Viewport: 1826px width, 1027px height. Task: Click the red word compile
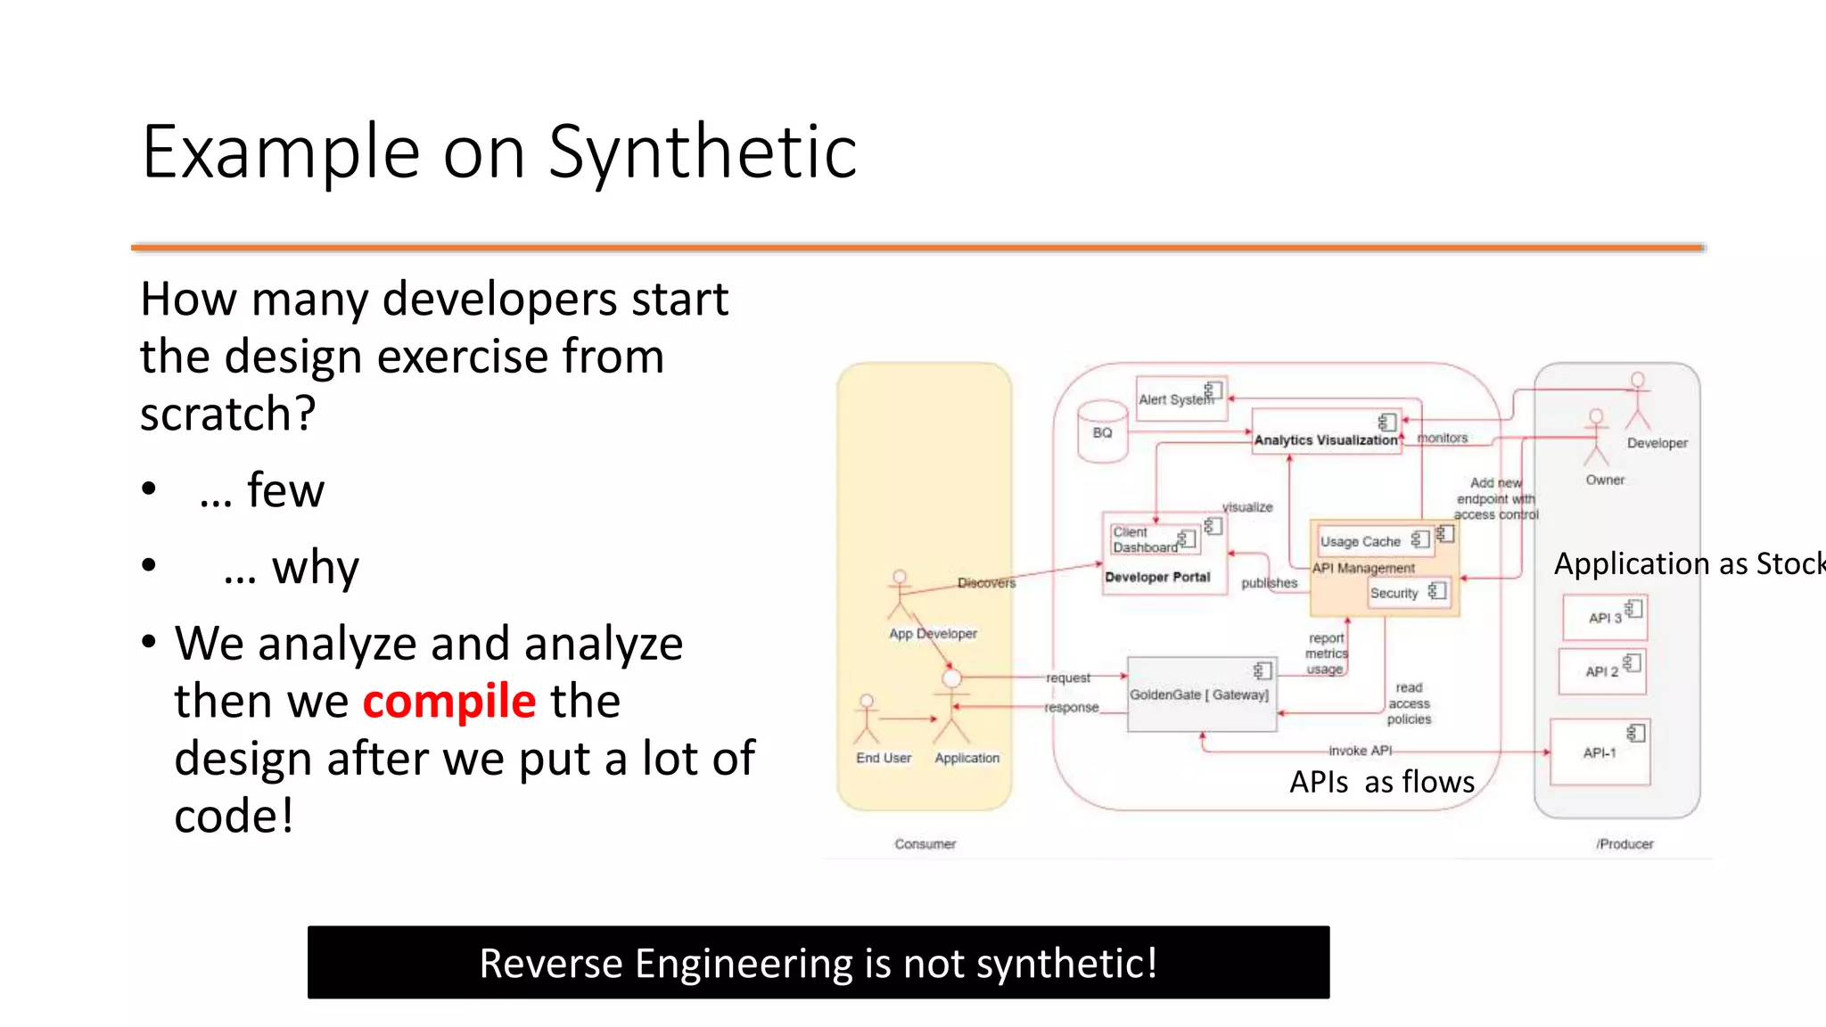coord(448,701)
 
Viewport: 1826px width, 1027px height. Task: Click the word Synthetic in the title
coord(702,152)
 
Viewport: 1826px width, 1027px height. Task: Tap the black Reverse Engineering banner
coord(818,962)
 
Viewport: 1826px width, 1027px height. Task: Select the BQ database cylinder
coord(1102,432)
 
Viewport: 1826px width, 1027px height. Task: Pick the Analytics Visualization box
coord(1325,432)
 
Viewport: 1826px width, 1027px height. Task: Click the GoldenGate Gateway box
coord(1201,694)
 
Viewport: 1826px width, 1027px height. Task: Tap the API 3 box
coord(1604,618)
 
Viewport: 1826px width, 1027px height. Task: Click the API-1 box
coord(1600,752)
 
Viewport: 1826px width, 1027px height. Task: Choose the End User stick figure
coord(867,719)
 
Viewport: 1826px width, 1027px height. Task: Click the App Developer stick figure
coord(900,596)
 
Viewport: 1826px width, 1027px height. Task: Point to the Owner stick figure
coord(1596,438)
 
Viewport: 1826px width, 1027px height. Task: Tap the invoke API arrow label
coord(1360,751)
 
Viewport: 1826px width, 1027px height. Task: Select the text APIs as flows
coord(1382,782)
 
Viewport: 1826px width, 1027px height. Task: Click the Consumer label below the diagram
coord(925,843)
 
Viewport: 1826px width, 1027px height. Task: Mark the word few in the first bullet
coord(285,490)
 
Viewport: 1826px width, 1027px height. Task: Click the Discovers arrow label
coord(986,582)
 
